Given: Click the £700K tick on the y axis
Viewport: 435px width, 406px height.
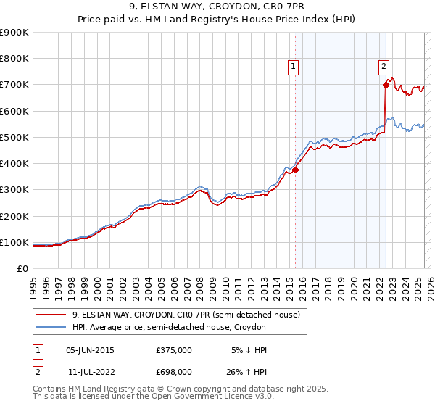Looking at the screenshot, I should (14, 85).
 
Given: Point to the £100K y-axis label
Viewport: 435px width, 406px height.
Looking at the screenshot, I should (14, 242).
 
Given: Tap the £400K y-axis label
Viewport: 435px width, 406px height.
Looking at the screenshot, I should (14, 164).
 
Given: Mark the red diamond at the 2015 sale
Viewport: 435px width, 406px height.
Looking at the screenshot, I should (296, 170).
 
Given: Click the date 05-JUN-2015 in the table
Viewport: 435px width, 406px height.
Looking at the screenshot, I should (90, 349).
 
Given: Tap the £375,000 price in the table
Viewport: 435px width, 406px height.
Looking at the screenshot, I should (174, 349).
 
